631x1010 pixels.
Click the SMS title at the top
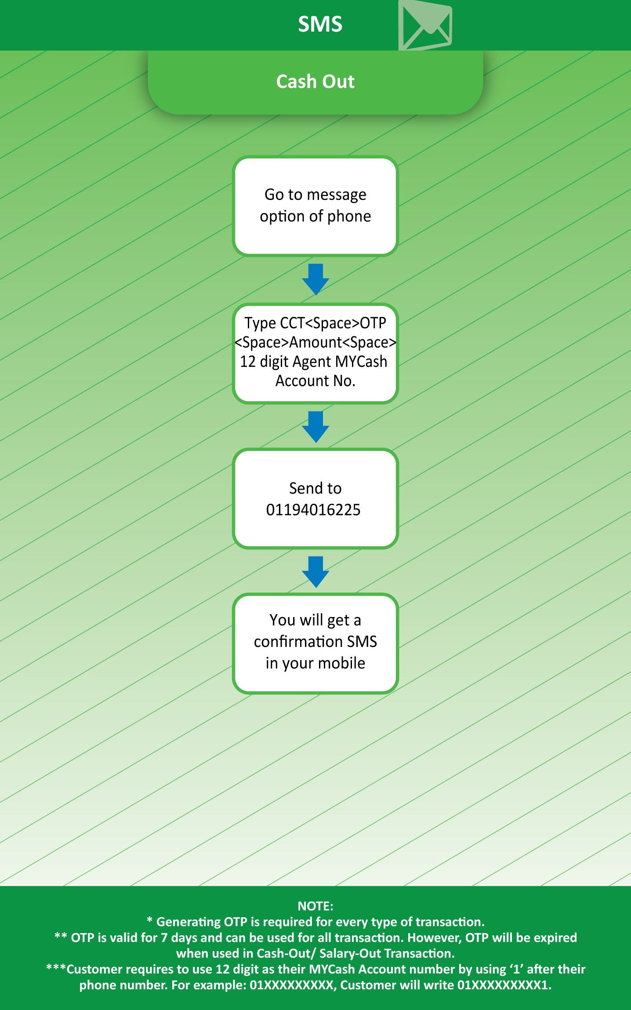coord(320,24)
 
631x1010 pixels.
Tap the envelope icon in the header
coord(425,25)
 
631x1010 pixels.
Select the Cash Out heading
coord(315,81)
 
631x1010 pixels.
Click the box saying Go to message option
coord(315,206)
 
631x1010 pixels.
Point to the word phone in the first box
coord(349,217)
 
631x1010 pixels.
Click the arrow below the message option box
coord(315,280)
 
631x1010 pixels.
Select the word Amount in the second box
coord(315,342)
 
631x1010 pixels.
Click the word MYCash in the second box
coord(361,362)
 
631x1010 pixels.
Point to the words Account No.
coord(315,381)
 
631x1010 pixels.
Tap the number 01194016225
coord(313,510)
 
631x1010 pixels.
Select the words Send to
coord(315,488)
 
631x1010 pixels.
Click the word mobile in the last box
coord(342,663)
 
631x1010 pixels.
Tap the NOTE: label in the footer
coord(315,906)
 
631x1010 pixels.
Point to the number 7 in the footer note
coord(164,938)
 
